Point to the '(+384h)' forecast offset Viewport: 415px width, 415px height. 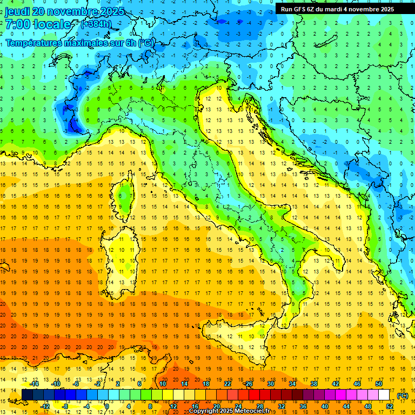96,24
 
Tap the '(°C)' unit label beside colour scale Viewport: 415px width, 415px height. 403,396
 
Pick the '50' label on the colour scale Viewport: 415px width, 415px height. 378,384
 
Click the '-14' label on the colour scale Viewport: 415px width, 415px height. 35,384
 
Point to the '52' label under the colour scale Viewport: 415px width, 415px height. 390,406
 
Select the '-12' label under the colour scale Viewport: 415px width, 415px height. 46,406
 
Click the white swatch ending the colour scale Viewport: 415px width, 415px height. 384,395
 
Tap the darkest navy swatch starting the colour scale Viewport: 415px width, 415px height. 27,395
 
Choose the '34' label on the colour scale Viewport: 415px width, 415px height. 292,384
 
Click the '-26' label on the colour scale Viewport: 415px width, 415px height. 249,384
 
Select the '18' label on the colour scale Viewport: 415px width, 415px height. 205,384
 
